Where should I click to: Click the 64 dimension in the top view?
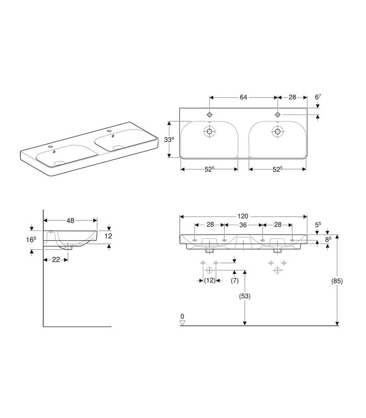(x=243, y=97)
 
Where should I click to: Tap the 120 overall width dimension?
(x=243, y=216)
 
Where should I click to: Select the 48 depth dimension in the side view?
(x=71, y=220)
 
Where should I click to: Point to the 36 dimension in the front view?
(x=243, y=225)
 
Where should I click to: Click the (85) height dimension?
(x=337, y=281)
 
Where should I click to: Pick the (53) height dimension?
(x=245, y=296)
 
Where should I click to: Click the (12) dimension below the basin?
(x=210, y=281)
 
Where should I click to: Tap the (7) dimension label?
(x=234, y=281)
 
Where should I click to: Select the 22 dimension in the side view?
(x=56, y=260)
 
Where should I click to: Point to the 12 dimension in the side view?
(x=108, y=236)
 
